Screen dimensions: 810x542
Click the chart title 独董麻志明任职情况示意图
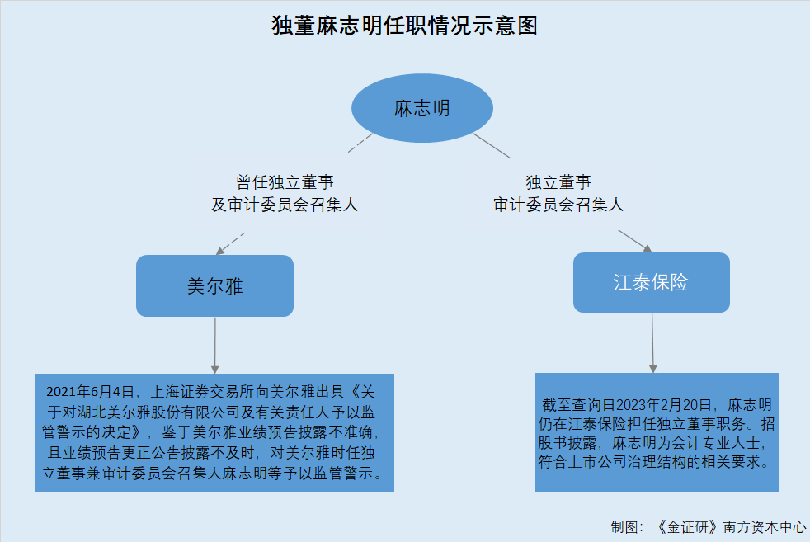coord(404,26)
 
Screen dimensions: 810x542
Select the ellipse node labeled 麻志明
coord(422,108)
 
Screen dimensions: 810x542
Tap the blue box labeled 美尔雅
coord(215,285)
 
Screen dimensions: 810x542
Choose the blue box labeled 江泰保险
coord(652,283)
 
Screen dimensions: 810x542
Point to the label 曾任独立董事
coord(285,181)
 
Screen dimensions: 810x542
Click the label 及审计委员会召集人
coord(284,205)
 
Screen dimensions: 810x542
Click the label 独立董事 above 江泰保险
coord(558,181)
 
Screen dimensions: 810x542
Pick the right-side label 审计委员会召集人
coord(558,205)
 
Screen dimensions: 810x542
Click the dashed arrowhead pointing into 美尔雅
coord(219,251)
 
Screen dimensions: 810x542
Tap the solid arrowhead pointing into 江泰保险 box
coord(648,248)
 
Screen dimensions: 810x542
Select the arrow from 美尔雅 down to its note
coord(215,345)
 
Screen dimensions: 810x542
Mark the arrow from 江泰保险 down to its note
coord(652,342)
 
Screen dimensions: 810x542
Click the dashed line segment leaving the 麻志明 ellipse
coord(360,143)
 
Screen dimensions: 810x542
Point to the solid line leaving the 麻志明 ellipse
coord(492,145)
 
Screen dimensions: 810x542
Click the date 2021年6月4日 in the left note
coord(90,392)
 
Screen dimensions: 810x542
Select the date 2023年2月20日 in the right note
coord(664,404)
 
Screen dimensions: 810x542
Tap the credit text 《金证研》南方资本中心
coord(731,527)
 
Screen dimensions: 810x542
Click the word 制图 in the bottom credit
coord(624,527)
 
